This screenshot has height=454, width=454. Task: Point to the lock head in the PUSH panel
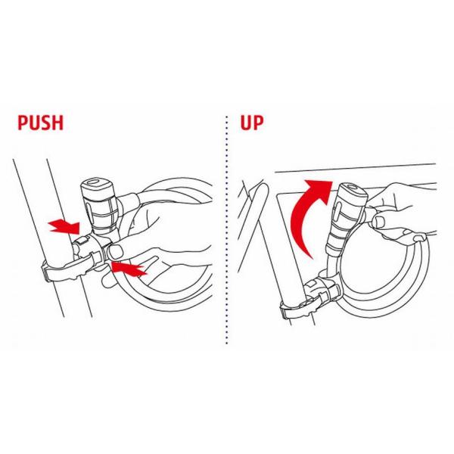tap(100, 199)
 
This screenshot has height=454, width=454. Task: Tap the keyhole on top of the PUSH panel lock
tap(95, 183)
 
